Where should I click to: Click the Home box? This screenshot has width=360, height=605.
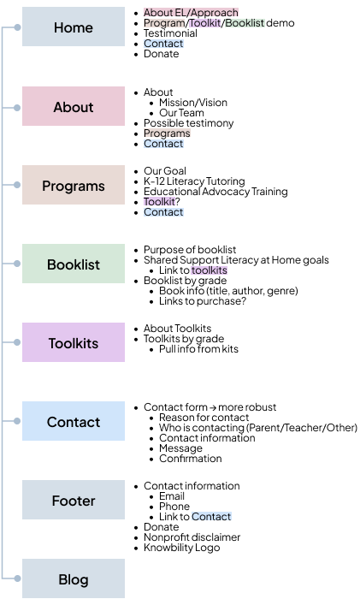click(74, 27)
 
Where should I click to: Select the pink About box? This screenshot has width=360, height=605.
click(74, 107)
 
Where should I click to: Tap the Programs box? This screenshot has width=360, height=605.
click(74, 186)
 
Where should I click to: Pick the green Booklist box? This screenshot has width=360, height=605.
click(74, 264)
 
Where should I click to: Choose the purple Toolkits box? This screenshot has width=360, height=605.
click(74, 343)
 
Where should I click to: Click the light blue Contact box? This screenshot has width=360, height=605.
click(74, 422)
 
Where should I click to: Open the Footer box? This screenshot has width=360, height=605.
click(74, 501)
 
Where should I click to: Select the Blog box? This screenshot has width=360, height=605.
click(74, 579)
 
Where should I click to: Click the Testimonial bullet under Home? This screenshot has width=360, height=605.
click(170, 33)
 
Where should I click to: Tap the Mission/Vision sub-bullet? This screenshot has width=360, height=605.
click(193, 103)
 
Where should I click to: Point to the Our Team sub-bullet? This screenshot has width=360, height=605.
click(181, 113)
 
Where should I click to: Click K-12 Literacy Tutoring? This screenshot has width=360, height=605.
click(194, 181)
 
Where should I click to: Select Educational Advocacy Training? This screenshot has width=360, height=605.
click(215, 192)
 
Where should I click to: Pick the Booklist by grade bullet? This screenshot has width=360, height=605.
click(185, 281)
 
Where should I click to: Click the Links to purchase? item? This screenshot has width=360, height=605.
click(203, 301)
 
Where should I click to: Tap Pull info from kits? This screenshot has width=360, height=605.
click(198, 349)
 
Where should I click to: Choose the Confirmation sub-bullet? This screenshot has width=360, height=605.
click(190, 459)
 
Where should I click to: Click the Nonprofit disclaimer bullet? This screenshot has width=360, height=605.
click(192, 537)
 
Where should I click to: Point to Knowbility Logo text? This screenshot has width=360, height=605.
click(181, 548)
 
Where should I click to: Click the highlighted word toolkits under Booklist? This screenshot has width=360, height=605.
click(209, 270)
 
